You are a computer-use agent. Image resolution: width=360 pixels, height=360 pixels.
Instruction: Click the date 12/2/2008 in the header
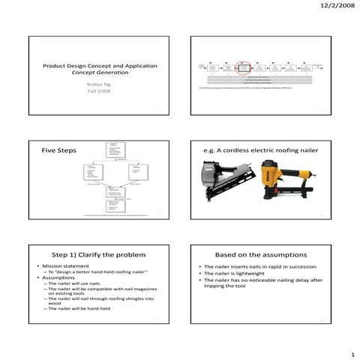(x=334, y=6)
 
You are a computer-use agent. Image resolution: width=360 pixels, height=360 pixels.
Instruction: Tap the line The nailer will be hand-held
(x=79, y=308)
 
